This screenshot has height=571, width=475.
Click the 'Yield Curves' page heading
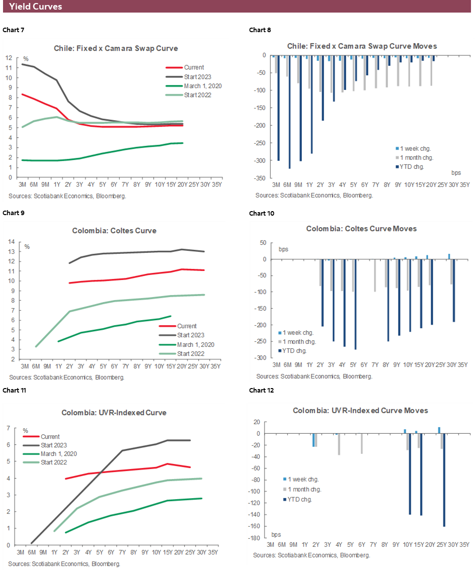pos(36,7)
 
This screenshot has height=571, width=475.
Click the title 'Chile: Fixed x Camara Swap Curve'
pos(116,48)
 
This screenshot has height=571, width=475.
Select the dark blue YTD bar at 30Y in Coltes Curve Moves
pos(453,291)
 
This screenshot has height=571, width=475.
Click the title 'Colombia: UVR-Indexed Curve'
pos(114,413)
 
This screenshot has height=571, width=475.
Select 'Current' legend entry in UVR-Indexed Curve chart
pos(50,437)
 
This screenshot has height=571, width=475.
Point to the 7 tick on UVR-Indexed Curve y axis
pos(9,428)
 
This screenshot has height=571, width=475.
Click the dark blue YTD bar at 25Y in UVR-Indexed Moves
pos(444,480)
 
